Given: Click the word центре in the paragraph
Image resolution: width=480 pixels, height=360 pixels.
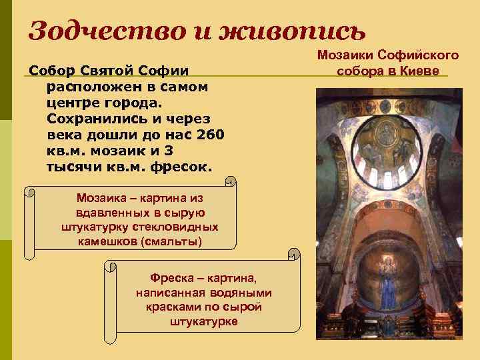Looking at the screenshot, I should point(72,103).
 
